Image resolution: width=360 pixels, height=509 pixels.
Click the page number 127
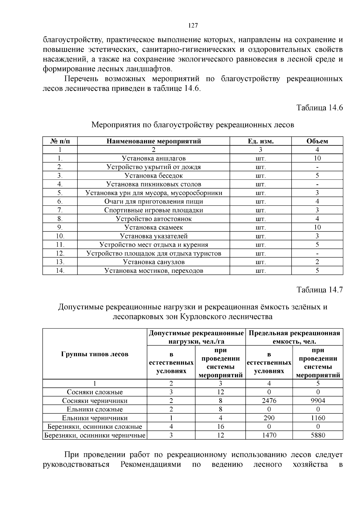[x=193, y=25]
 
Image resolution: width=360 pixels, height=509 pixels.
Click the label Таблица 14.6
[x=319, y=108]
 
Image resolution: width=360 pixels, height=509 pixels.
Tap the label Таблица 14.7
[x=319, y=290]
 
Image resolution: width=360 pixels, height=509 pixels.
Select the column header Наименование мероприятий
[x=154, y=141]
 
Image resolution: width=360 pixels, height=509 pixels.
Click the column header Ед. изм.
[x=260, y=141]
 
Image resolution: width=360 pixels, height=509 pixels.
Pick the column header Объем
[x=317, y=141]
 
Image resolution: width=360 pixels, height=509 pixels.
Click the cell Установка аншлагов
[x=154, y=158]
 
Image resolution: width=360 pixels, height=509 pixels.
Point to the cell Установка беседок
[x=154, y=176]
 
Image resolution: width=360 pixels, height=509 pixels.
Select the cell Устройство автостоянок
[x=154, y=219]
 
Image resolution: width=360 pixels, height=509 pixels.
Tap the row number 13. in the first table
[x=60, y=262]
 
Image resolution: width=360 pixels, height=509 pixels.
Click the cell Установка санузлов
[x=154, y=262]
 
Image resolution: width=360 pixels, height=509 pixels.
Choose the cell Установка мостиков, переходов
[x=154, y=271]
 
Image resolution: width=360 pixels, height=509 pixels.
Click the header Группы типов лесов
[x=95, y=354]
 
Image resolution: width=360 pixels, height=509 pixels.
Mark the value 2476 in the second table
[x=269, y=401]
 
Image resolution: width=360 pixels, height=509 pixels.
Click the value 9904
[x=318, y=401]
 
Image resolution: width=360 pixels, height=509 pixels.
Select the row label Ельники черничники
[x=95, y=418]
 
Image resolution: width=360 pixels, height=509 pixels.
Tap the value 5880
[x=318, y=435]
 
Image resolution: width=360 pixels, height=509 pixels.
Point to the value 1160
[x=318, y=418]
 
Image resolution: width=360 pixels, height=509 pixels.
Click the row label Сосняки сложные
[x=95, y=392]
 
